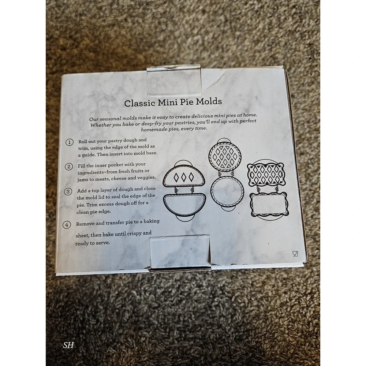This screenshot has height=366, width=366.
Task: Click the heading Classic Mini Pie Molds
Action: click(173, 102)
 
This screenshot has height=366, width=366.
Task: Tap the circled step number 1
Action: click(69, 142)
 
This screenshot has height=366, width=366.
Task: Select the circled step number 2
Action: click(69, 167)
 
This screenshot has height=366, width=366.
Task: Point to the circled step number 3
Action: click(68, 192)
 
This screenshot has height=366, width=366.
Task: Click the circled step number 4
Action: click(67, 225)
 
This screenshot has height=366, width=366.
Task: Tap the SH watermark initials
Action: click(68, 345)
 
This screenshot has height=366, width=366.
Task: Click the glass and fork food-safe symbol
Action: click(295, 254)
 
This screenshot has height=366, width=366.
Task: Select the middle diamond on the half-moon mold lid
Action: click(184, 178)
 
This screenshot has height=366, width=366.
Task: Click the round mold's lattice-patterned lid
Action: click(225, 156)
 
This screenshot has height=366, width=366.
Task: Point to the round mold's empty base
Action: click(227, 191)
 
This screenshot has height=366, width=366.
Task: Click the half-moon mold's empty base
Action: click(184, 204)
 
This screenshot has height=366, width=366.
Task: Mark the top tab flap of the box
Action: click(174, 81)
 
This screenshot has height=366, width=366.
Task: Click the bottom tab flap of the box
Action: click(180, 253)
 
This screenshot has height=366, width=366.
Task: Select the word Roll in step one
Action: click(83, 141)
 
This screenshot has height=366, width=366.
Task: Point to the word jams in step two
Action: click(82, 179)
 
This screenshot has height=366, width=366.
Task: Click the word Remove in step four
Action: click(85, 224)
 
